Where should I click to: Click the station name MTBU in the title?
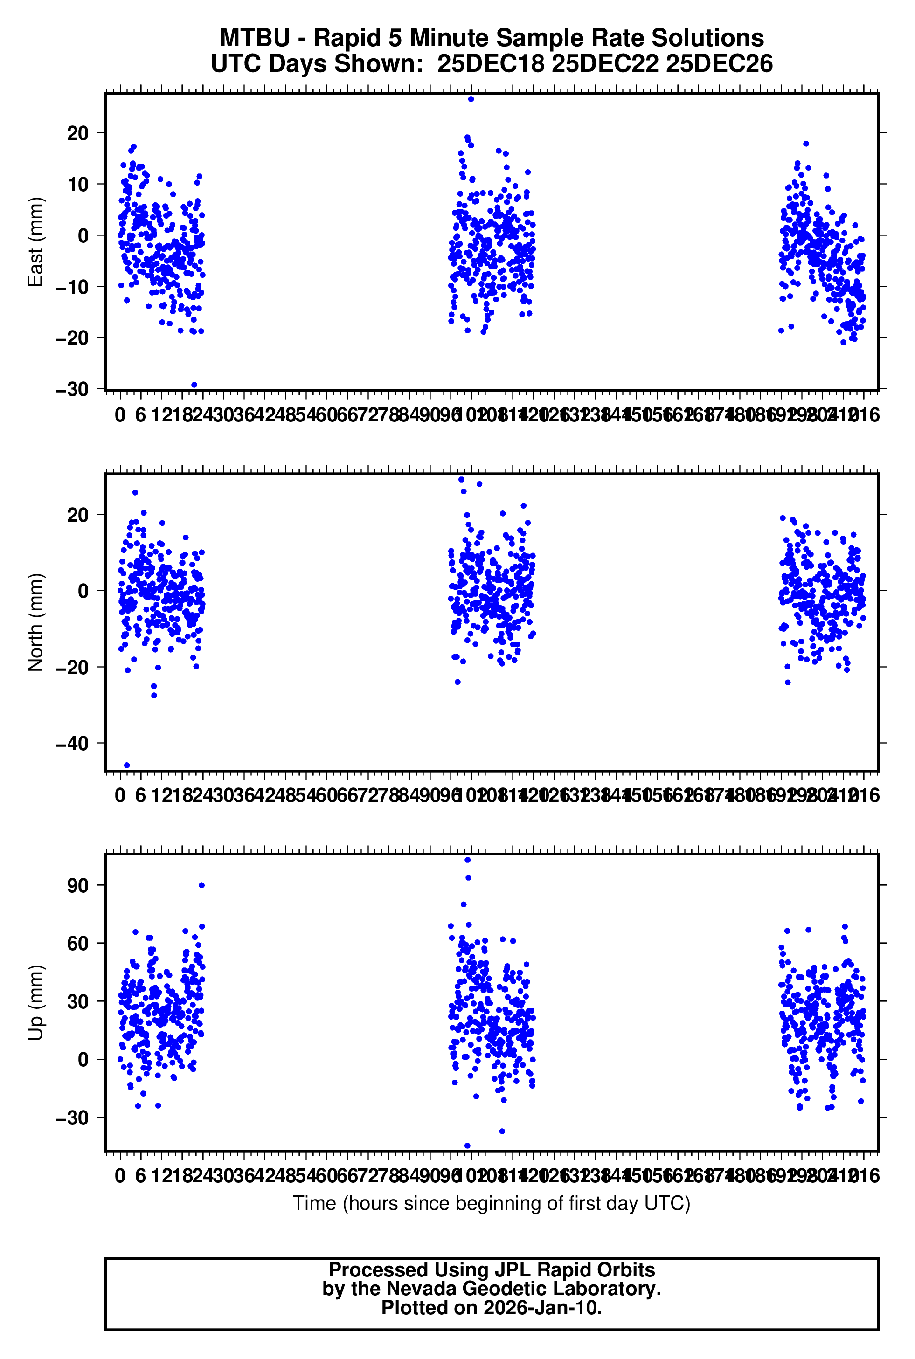tap(255, 39)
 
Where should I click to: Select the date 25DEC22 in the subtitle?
tap(605, 63)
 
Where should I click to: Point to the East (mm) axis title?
tap(35, 242)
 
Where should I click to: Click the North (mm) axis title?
tap(35, 622)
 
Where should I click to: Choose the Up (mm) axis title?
tap(35, 1003)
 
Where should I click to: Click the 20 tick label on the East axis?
tap(77, 133)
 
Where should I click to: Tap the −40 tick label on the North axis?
tap(72, 743)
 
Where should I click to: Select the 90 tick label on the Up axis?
tap(77, 885)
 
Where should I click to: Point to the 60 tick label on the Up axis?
tap(77, 943)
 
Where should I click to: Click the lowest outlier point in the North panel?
tap(127, 765)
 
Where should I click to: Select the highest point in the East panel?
tap(471, 99)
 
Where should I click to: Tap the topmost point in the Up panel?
tap(467, 860)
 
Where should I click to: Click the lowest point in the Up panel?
tap(467, 1145)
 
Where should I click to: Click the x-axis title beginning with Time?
tap(492, 1203)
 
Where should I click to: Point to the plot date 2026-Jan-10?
tap(542, 1308)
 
